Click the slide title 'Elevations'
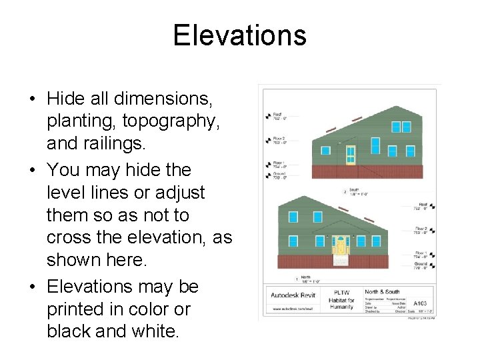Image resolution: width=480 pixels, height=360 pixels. point(239,35)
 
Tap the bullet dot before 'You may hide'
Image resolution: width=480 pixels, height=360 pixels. point(33,171)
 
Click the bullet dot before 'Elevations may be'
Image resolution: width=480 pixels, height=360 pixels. point(33,287)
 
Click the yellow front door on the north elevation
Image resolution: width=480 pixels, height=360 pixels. point(341,245)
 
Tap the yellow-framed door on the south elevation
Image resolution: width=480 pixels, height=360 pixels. point(351,155)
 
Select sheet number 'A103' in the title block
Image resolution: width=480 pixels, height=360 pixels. point(421,302)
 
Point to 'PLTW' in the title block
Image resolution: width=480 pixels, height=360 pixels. point(342,292)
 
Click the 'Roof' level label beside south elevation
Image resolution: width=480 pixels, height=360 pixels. point(276,115)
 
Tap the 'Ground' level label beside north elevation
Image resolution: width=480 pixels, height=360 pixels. point(421,264)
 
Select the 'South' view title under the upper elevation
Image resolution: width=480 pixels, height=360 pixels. point(354,190)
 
